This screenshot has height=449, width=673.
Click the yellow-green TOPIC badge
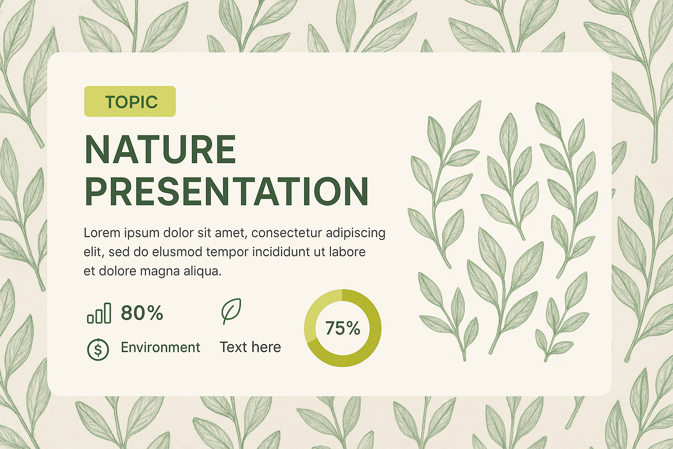(x=130, y=101)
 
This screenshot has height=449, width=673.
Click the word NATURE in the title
(x=160, y=150)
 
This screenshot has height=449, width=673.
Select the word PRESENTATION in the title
(x=227, y=191)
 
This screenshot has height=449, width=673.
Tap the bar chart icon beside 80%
(x=99, y=313)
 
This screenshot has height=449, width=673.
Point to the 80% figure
(x=142, y=313)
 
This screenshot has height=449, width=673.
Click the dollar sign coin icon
(x=98, y=349)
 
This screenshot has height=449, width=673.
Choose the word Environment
(x=160, y=347)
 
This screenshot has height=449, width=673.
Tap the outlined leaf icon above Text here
(x=231, y=311)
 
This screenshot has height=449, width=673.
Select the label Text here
(x=250, y=347)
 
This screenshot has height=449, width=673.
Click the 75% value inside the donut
(x=343, y=328)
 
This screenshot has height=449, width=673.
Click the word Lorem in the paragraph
(x=102, y=233)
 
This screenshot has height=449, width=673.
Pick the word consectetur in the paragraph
(x=287, y=233)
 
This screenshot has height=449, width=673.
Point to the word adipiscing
(x=355, y=234)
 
